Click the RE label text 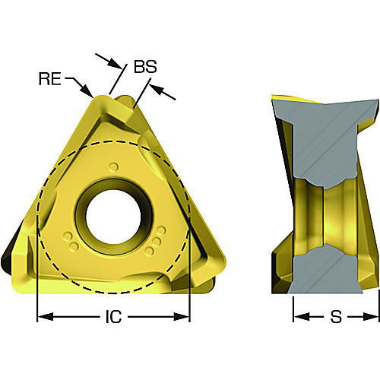(x=50, y=78)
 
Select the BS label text (x=145, y=67)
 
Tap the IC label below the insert (x=113, y=317)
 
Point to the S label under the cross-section (x=336, y=317)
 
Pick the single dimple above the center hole (x=113, y=167)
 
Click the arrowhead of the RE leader (x=87, y=91)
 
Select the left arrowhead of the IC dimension (x=45, y=317)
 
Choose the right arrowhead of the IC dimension (x=182, y=317)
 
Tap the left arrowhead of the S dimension (x=302, y=317)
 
